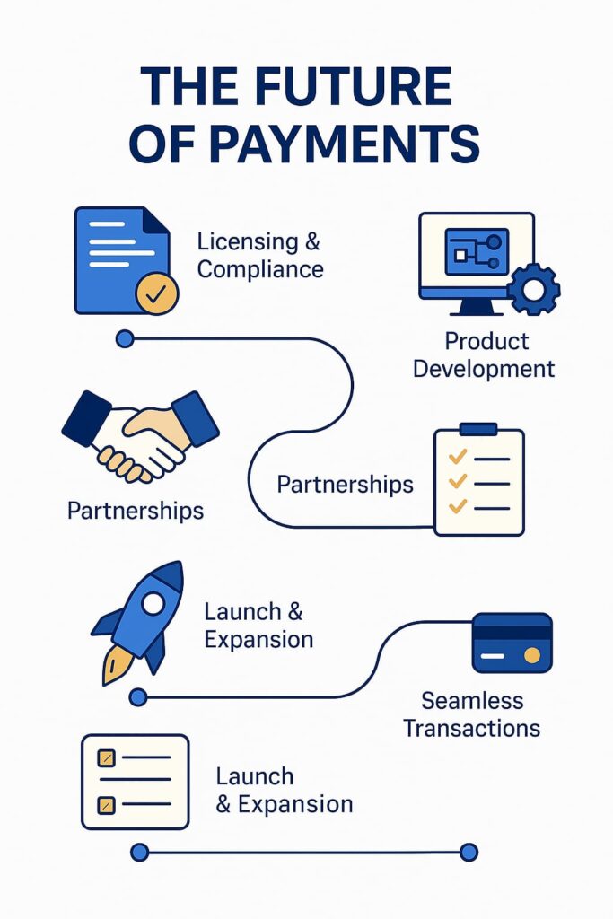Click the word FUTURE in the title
[354, 86]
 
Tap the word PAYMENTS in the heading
[345, 143]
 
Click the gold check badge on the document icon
[156, 293]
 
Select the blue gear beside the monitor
[533, 289]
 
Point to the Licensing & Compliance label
[259, 256]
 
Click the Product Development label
[484, 355]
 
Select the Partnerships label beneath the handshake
[136, 511]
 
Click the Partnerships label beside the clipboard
[346, 485]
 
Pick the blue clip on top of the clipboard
[478, 429]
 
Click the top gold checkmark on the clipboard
[457, 456]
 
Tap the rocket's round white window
[153, 603]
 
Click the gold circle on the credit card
[532, 654]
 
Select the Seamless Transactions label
[472, 714]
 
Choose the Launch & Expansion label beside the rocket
[258, 626]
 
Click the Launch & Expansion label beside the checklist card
[285, 790]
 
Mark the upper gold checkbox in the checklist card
[106, 758]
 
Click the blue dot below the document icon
[125, 338]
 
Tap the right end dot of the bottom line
[469, 853]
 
